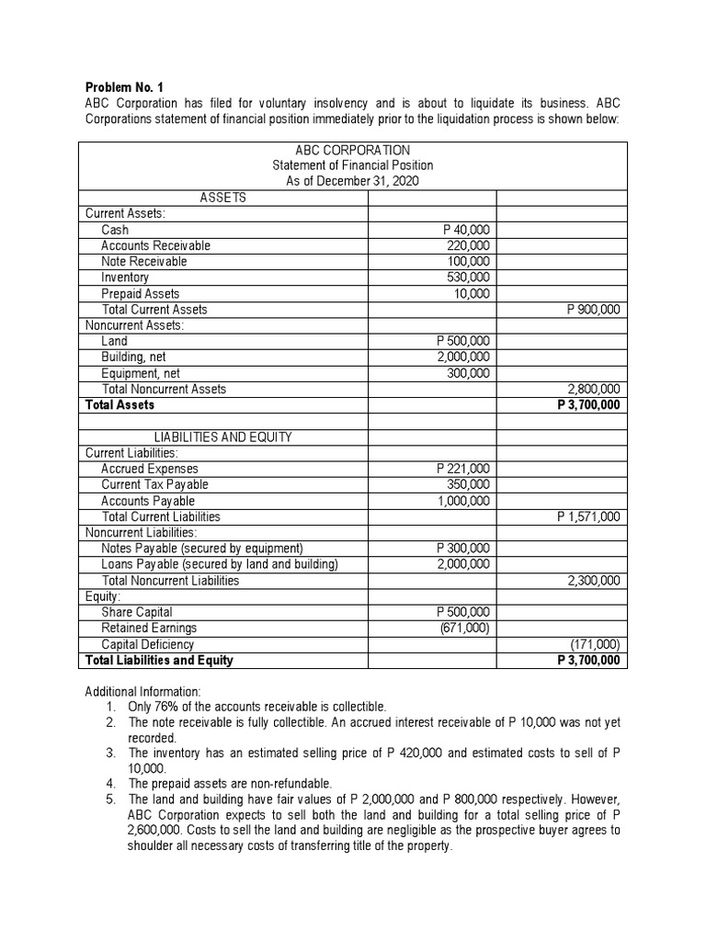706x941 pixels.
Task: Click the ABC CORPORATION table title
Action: [353, 150]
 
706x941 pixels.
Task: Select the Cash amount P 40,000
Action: [466, 230]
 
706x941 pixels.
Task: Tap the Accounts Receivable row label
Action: [155, 245]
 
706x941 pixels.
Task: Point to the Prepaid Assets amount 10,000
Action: [472, 293]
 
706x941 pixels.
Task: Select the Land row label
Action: [115, 341]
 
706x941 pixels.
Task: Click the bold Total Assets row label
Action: [120, 404]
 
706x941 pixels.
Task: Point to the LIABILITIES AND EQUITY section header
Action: [222, 437]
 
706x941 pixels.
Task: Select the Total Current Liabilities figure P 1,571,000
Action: [588, 516]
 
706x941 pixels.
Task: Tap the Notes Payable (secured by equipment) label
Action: [202, 549]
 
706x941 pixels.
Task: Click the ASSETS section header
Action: [222, 198]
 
